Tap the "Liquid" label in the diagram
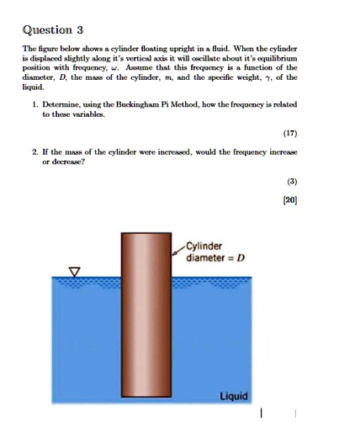(233, 395)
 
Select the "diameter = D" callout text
(215, 257)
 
